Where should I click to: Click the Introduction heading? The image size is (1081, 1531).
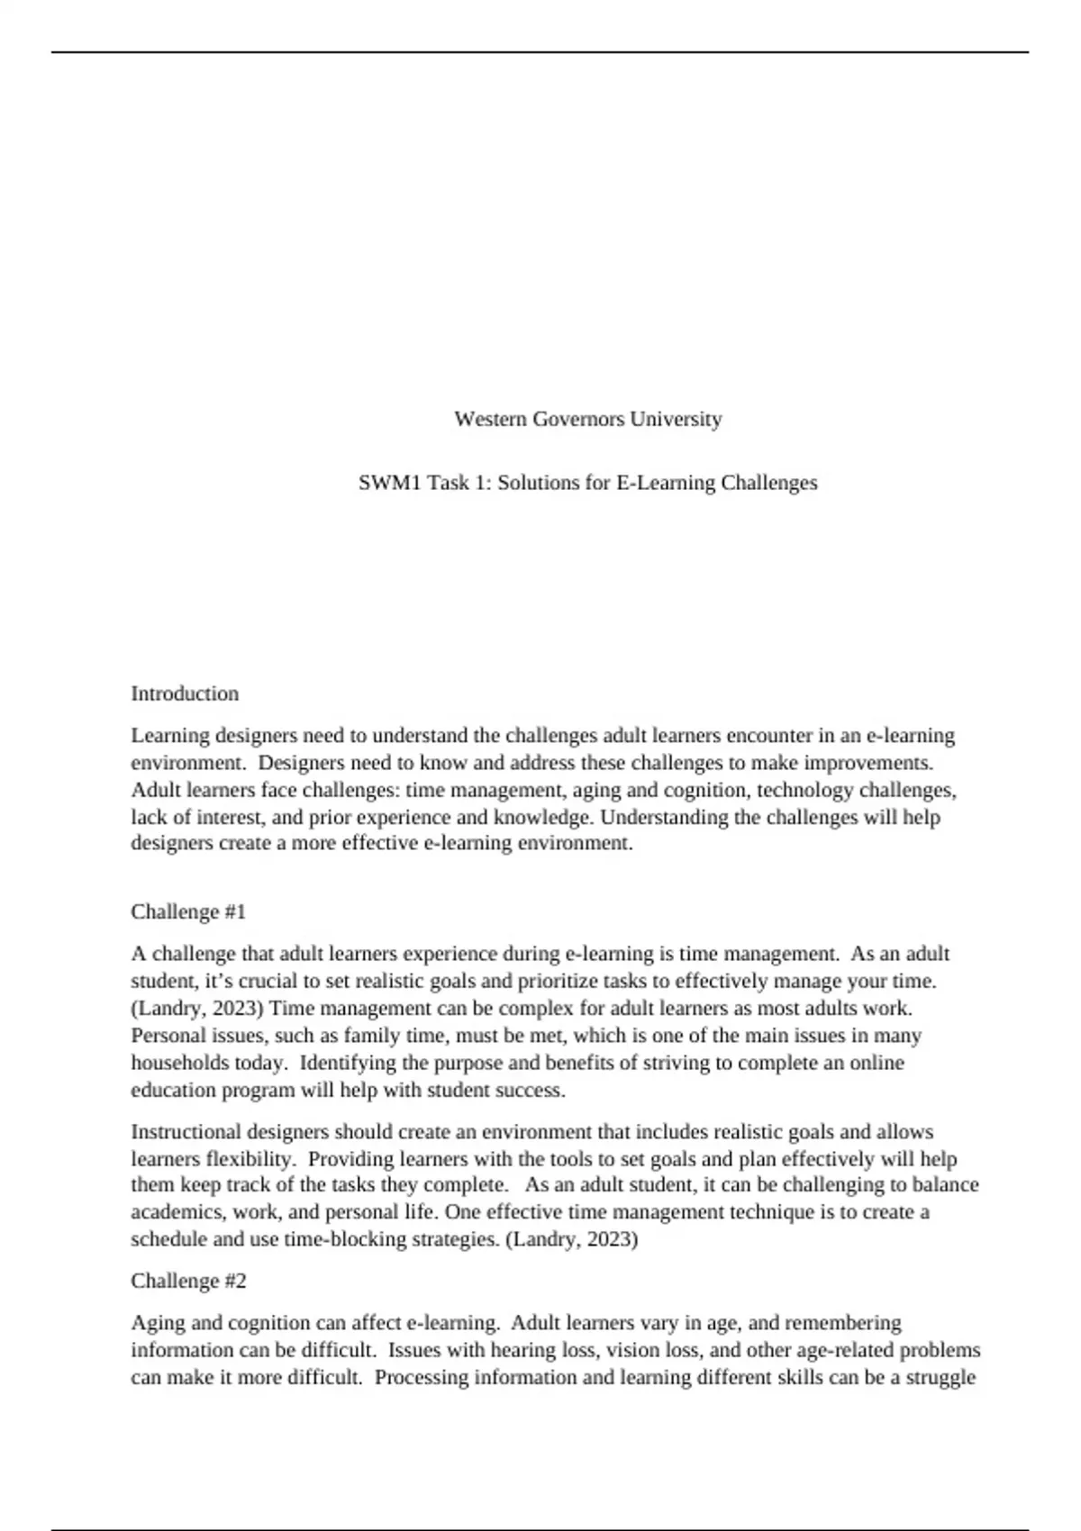coord(185,693)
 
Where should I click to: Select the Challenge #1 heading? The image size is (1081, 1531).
coord(188,911)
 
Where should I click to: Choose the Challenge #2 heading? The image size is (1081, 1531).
coord(188,1281)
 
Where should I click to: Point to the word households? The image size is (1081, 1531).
coord(180,1063)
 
